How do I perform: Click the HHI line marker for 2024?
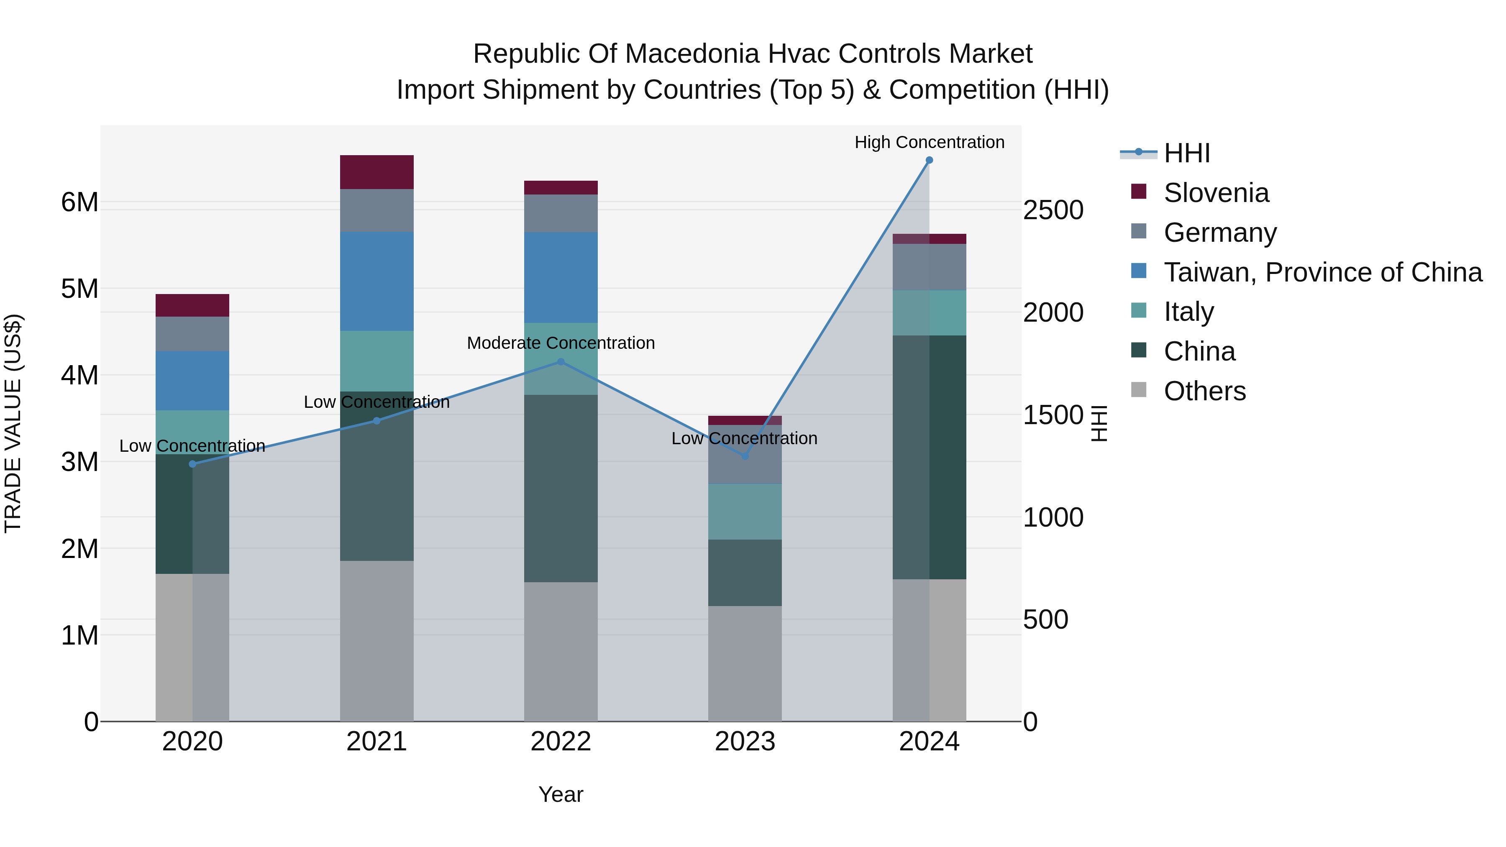pos(929,160)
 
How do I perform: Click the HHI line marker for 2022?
pos(561,362)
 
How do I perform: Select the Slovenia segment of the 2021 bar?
pos(376,172)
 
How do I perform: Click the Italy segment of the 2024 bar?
pos(929,313)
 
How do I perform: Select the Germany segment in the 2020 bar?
pos(192,334)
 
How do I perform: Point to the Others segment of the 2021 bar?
pos(376,641)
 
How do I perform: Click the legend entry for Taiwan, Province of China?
pos(1322,272)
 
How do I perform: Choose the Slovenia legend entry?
pos(1216,193)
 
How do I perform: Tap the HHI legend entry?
pos(1186,153)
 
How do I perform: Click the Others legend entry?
pos(1204,391)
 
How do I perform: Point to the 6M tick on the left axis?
pos(79,202)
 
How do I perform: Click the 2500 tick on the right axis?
pos(1053,210)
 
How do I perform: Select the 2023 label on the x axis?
pos(745,742)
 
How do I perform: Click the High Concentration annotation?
pos(929,142)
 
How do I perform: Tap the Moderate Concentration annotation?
pos(561,343)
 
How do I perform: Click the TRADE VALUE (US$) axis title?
pos(13,423)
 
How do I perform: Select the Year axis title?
pos(561,794)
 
